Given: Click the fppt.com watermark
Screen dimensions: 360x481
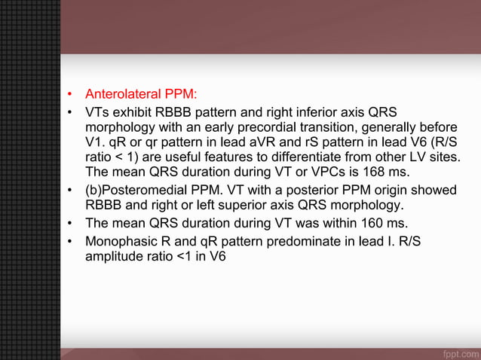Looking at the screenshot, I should coord(457,352).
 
